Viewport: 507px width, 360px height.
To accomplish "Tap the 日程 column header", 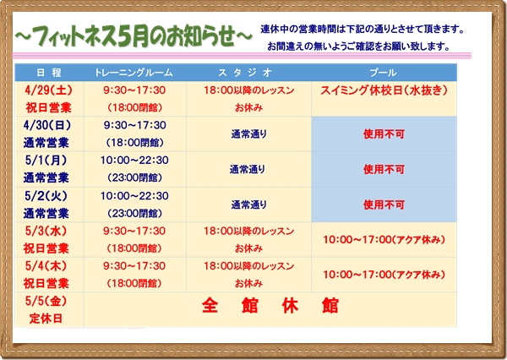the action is pos(49,73).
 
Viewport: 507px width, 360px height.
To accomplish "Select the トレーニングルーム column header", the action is pos(134,73).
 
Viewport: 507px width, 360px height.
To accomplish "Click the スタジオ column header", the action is pos(245,73).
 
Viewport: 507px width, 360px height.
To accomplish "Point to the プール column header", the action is pos(384,73).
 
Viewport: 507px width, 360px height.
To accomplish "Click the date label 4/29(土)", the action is pos(48,90).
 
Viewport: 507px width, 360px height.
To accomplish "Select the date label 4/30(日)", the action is pos(47,125).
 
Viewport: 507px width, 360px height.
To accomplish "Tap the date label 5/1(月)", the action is pos(46,160).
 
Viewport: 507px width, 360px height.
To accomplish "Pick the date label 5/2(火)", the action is pos(46,196).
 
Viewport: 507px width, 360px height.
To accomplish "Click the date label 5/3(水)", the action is pos(46,231).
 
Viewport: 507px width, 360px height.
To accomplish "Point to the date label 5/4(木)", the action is pos(46,266).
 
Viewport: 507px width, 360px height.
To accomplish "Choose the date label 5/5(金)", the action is pos(46,301).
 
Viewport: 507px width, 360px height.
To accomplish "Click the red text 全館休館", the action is pos(270,305).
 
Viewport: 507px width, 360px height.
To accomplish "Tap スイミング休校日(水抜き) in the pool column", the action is pos(384,90).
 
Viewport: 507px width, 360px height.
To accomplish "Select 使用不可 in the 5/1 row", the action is pos(384,169).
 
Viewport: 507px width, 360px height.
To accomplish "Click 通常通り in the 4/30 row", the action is pos(248,134).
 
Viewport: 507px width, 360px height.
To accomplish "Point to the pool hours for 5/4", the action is pos(384,275).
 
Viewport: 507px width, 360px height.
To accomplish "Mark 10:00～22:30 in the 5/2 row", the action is pos(134,196).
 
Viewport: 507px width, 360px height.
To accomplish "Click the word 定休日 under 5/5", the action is pos(46,319).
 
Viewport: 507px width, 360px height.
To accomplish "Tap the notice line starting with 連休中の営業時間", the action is pos(363,29).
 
